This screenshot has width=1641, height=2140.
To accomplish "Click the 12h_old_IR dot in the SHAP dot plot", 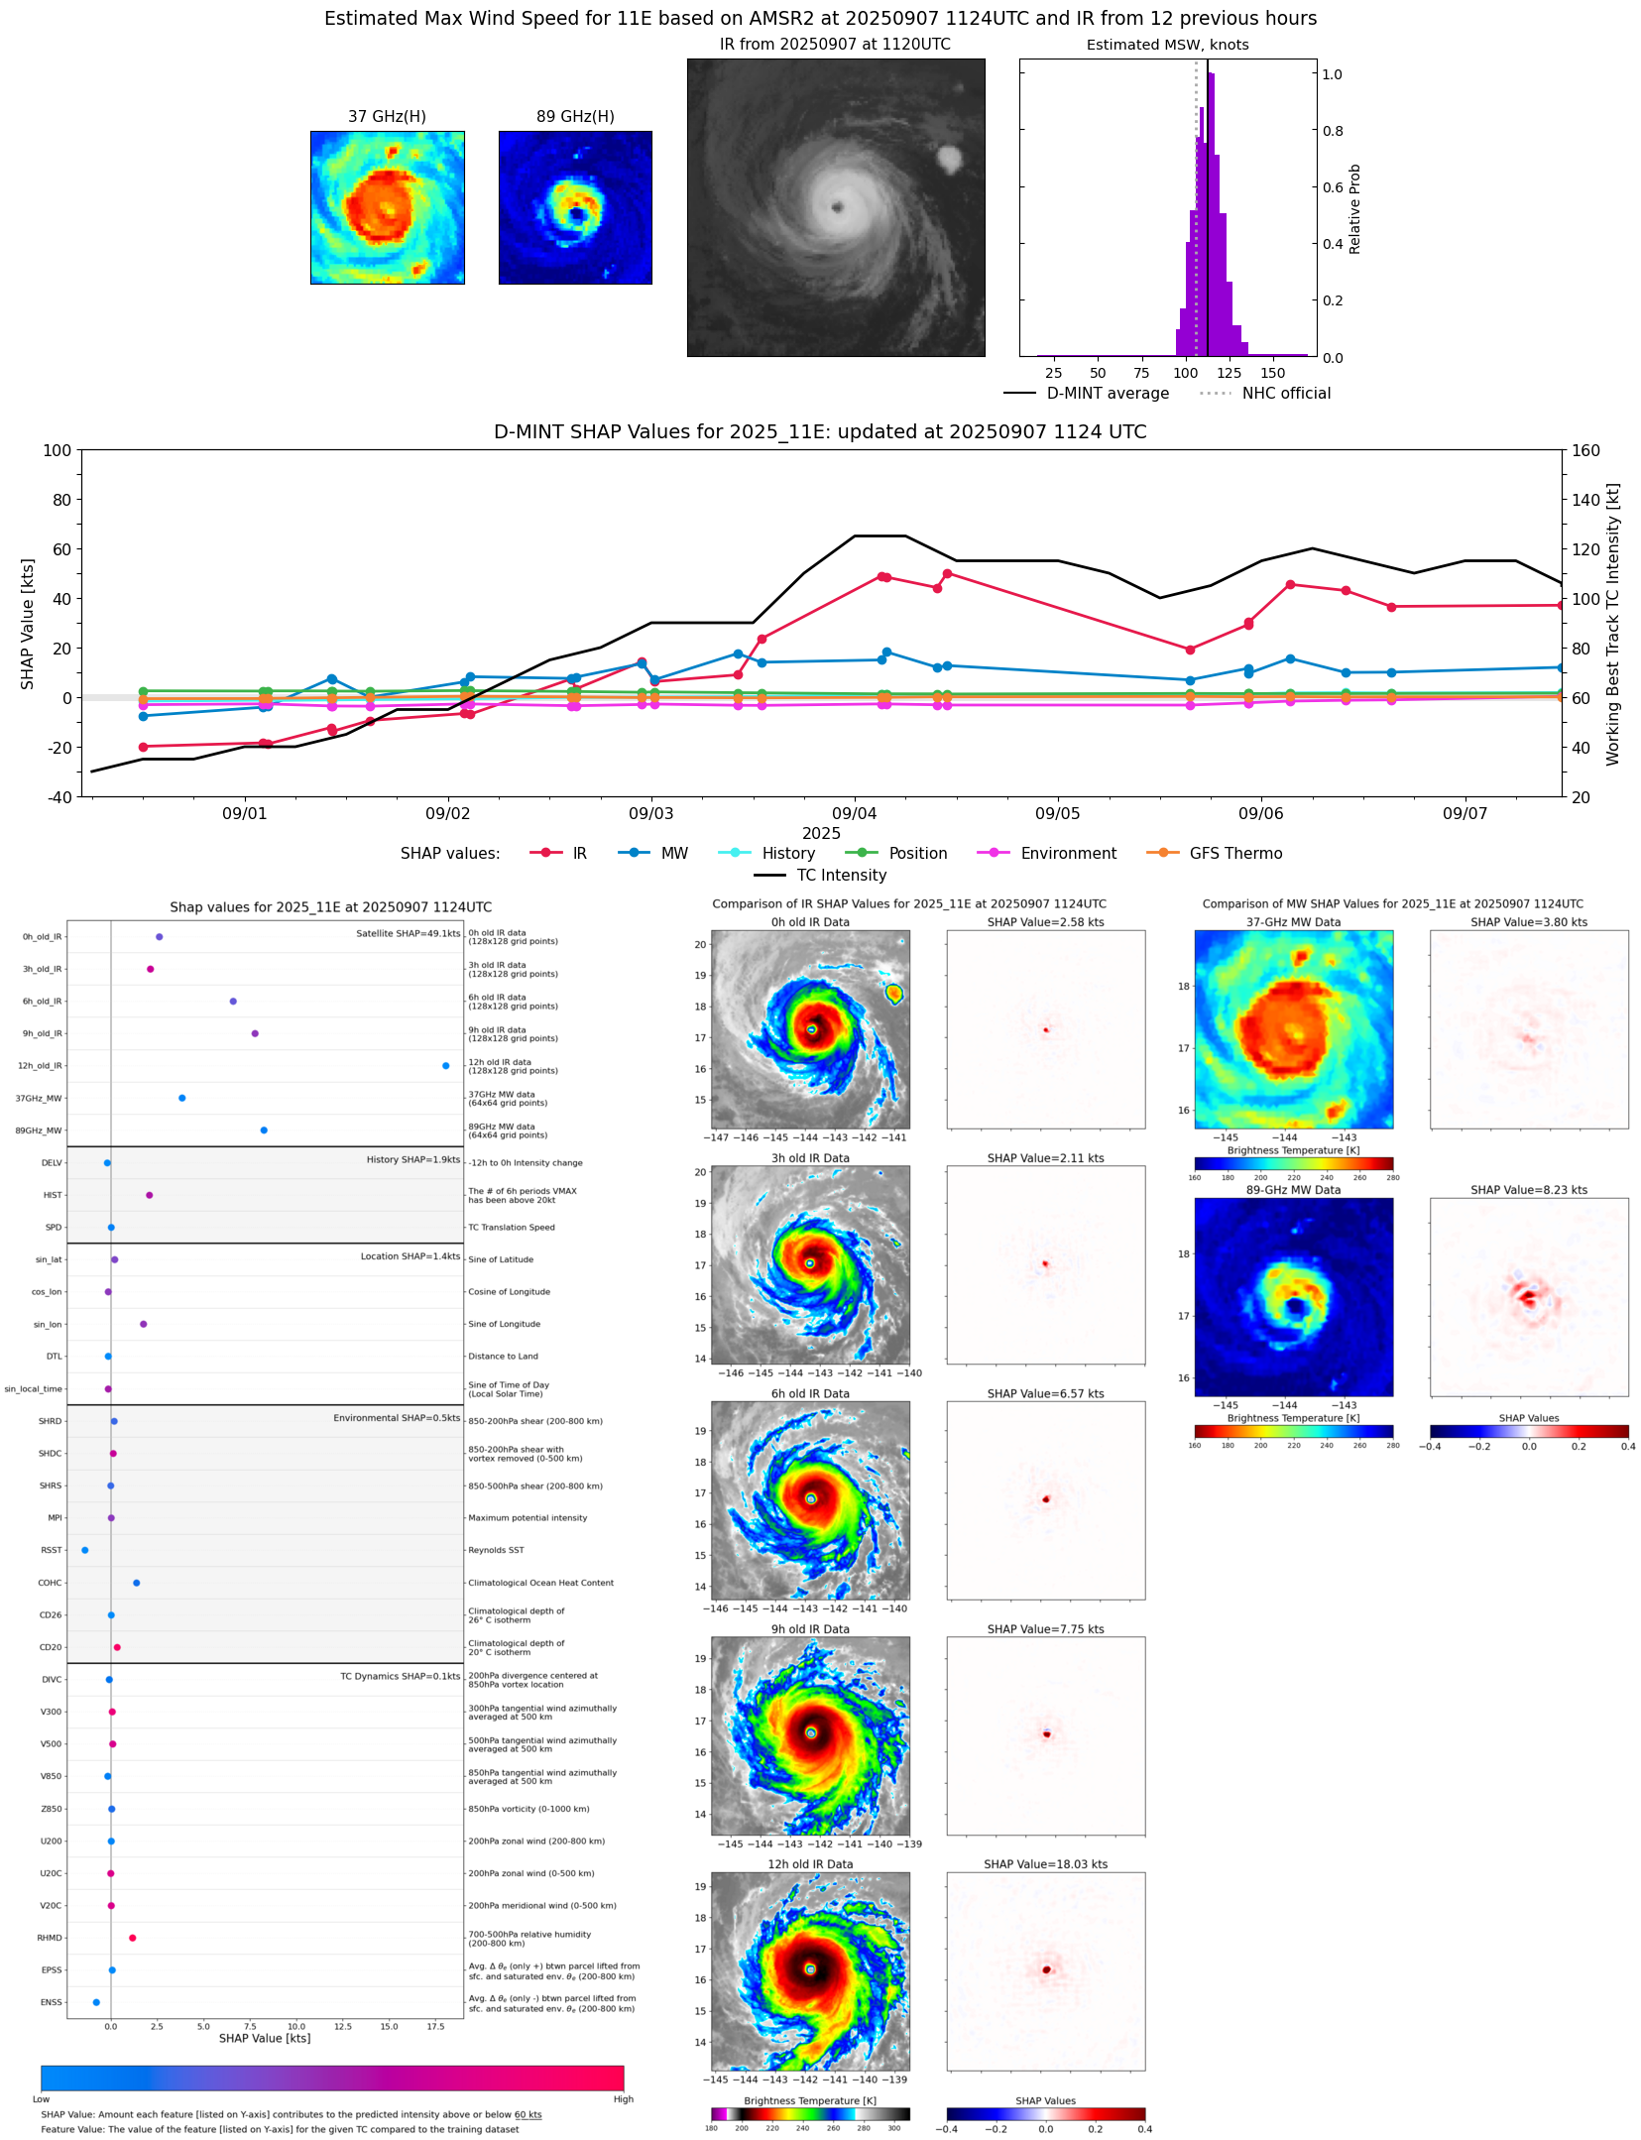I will (445, 1066).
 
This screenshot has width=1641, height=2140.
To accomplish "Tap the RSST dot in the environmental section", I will (84, 1550).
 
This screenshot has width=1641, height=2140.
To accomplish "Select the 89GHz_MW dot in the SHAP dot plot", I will (264, 1130).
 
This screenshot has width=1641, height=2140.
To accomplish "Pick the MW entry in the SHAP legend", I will (673, 854).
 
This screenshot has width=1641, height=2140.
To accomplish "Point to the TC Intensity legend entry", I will (841, 876).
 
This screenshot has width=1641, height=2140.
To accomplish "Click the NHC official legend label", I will (1285, 394).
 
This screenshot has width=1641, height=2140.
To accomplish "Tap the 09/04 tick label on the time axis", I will (854, 814).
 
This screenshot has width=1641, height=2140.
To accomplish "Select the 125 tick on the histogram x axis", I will (1229, 374).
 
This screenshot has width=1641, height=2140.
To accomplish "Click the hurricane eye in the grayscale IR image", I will (838, 207).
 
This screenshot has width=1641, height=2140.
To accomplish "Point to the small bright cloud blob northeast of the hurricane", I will (949, 159).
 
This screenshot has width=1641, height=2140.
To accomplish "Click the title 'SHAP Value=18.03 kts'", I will (1045, 1864).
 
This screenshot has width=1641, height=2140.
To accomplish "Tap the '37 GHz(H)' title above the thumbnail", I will (387, 117).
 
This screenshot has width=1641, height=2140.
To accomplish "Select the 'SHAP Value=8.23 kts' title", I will (1528, 1190).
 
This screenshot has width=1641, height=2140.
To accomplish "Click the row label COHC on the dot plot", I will (50, 1583).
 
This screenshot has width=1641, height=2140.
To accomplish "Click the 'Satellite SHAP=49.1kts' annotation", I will (408, 934).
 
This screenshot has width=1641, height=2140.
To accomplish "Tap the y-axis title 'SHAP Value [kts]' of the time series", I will (28, 624).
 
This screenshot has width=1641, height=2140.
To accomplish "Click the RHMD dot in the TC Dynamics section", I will (132, 1938).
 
